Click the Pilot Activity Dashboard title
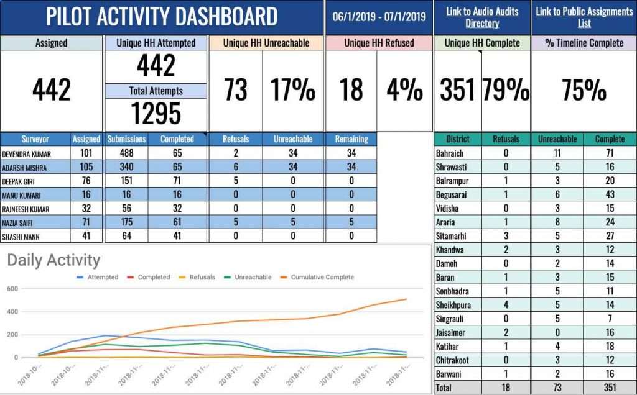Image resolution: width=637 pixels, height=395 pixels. [162, 17]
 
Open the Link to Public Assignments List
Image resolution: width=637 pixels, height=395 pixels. [584, 17]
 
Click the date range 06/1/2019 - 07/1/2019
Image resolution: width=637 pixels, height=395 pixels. [379, 17]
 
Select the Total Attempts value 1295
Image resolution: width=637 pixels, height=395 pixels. [156, 113]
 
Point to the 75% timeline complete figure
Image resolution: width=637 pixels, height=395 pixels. [584, 90]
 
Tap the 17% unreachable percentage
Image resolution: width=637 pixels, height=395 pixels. [292, 90]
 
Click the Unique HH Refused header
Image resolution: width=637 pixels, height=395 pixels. [379, 43]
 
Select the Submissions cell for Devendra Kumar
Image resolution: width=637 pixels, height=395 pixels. [126, 153]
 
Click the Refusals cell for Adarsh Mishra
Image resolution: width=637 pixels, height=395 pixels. [235, 167]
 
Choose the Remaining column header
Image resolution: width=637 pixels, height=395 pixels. [351, 139]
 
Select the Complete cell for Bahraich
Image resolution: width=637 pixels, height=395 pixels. [610, 153]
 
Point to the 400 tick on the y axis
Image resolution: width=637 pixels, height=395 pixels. [13, 312]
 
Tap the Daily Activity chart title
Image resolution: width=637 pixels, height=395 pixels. [53, 260]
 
